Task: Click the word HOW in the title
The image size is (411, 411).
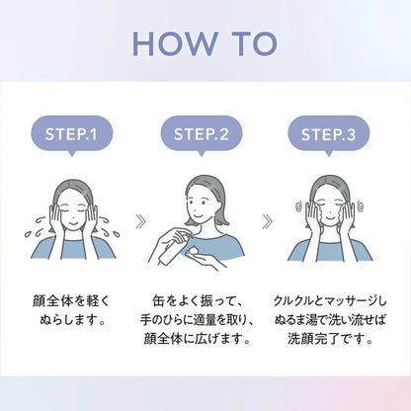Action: point(175,43)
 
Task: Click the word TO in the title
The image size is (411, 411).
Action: point(255,43)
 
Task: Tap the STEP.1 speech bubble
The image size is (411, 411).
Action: point(72,135)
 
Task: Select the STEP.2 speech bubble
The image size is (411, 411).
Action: point(202,135)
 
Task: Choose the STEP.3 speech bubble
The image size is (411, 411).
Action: point(329,135)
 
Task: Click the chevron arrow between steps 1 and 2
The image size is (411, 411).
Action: point(140,221)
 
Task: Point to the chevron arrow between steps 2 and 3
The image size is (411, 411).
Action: point(268,221)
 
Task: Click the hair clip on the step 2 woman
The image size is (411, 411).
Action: point(213,188)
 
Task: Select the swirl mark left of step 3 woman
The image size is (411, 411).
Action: point(299,206)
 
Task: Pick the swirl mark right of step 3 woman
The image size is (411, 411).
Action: point(360,206)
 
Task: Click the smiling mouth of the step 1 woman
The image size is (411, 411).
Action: point(73,222)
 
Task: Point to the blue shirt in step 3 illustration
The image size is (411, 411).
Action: point(330,251)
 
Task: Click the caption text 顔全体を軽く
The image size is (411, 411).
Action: point(70,301)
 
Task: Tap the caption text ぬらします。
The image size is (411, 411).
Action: point(72,319)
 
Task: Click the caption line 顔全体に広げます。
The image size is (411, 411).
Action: point(198,339)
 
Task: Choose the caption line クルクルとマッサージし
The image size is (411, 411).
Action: point(330,301)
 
